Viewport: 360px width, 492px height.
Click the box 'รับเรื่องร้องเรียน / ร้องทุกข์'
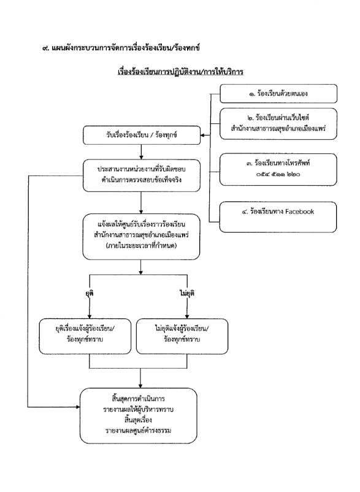coord(142,135)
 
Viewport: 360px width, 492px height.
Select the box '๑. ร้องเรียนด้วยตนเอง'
coord(278,93)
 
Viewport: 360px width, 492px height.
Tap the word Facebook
coord(300,212)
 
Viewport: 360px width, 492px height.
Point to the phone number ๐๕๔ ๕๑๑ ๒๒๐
coord(278,174)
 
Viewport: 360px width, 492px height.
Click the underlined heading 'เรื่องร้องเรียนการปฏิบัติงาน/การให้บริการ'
coord(180,72)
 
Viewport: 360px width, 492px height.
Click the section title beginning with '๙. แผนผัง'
coord(121,48)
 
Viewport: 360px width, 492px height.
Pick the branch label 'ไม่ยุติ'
coord(187,293)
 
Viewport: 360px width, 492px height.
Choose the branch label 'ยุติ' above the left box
coord(90,293)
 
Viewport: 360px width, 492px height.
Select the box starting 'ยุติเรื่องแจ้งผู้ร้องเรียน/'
coord(85,336)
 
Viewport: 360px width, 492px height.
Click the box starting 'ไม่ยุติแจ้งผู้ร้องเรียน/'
coord(182,336)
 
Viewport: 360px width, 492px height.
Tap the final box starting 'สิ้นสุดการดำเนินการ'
coord(138,416)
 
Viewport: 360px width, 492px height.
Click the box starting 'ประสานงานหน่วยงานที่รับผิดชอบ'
coord(142,175)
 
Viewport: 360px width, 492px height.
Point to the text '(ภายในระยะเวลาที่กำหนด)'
coord(142,245)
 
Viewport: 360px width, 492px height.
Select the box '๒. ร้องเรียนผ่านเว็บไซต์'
coord(278,124)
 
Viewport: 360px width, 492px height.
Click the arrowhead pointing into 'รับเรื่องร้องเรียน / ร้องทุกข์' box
coord(202,135)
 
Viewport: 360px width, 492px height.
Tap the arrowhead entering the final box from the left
coord(77,407)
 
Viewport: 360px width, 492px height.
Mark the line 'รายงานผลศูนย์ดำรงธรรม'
coord(138,431)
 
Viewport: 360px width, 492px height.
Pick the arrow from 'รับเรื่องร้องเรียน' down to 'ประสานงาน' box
coord(141,152)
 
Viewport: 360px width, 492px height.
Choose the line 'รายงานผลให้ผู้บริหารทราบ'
coord(138,409)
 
